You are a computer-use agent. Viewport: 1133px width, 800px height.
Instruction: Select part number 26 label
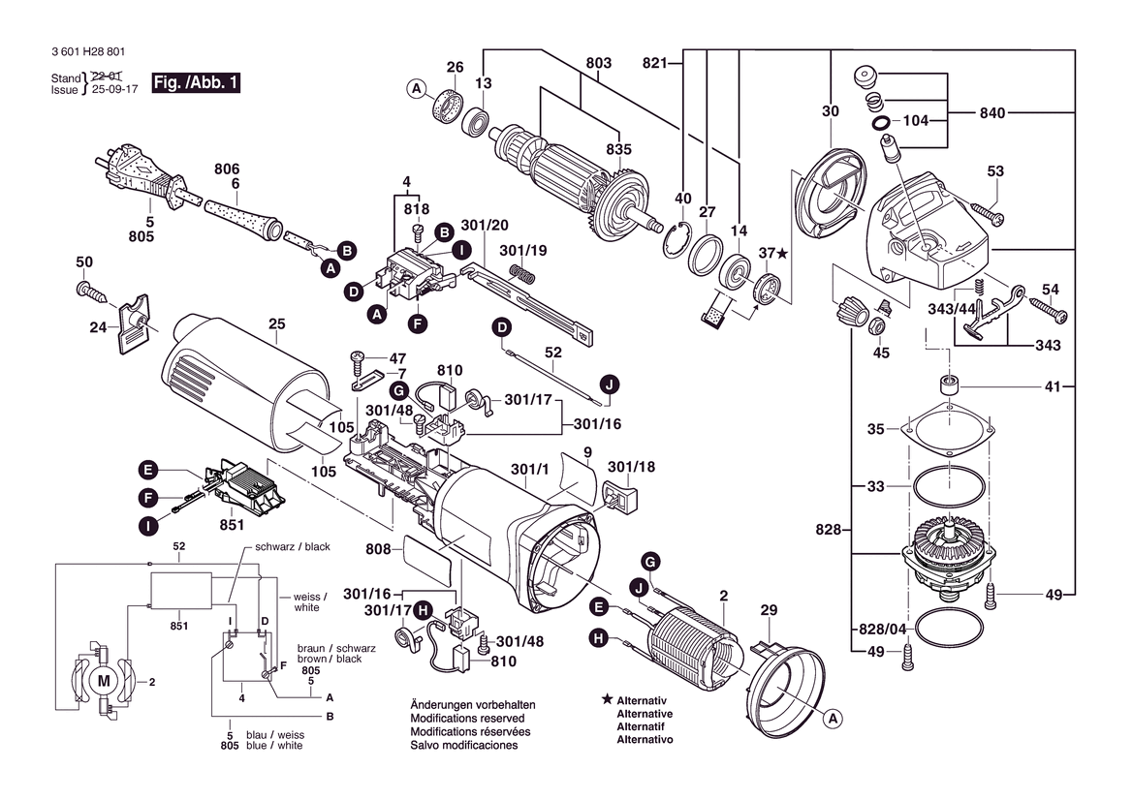point(455,67)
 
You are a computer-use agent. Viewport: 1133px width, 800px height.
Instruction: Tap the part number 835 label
point(618,149)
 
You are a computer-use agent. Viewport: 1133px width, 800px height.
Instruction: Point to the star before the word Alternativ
point(607,699)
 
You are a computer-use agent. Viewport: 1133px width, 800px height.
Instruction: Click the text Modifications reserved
point(467,719)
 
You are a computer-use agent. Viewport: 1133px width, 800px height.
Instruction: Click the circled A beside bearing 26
point(417,90)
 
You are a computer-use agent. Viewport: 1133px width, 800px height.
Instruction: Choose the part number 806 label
point(227,169)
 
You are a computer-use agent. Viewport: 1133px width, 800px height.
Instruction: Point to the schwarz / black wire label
point(292,546)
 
